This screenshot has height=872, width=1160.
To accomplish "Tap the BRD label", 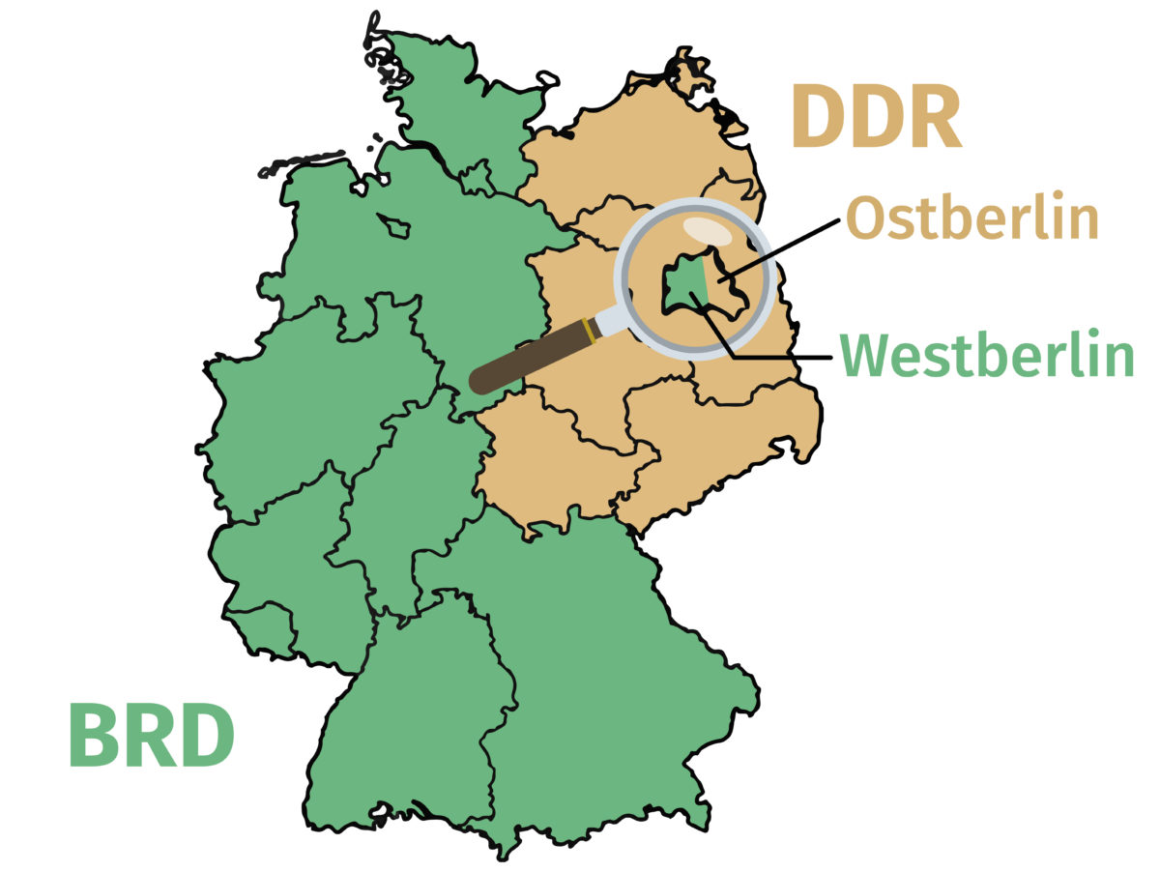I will coord(152,736).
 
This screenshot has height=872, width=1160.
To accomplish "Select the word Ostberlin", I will coord(972,220).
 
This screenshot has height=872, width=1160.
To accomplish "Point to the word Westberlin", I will coord(987,356).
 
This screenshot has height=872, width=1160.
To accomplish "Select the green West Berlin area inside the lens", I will coord(685,286).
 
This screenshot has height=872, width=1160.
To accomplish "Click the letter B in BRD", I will coord(94,736).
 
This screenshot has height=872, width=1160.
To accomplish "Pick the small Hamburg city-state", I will coord(476,178).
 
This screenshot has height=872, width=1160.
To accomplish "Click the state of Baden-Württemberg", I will coord(416,715).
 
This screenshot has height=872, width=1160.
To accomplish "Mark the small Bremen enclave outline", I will coord(394,226).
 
